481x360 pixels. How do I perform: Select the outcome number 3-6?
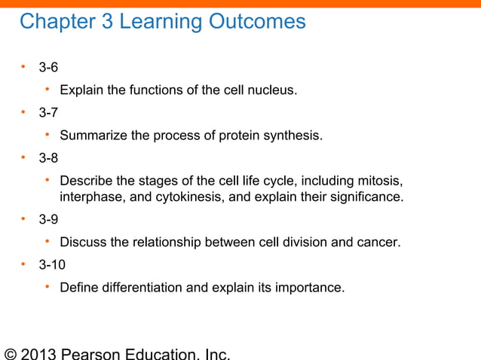point(48,68)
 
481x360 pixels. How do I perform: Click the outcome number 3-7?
point(48,113)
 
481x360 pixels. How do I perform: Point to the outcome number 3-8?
point(48,158)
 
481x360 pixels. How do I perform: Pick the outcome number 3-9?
point(48,219)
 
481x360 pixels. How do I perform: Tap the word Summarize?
point(92,136)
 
